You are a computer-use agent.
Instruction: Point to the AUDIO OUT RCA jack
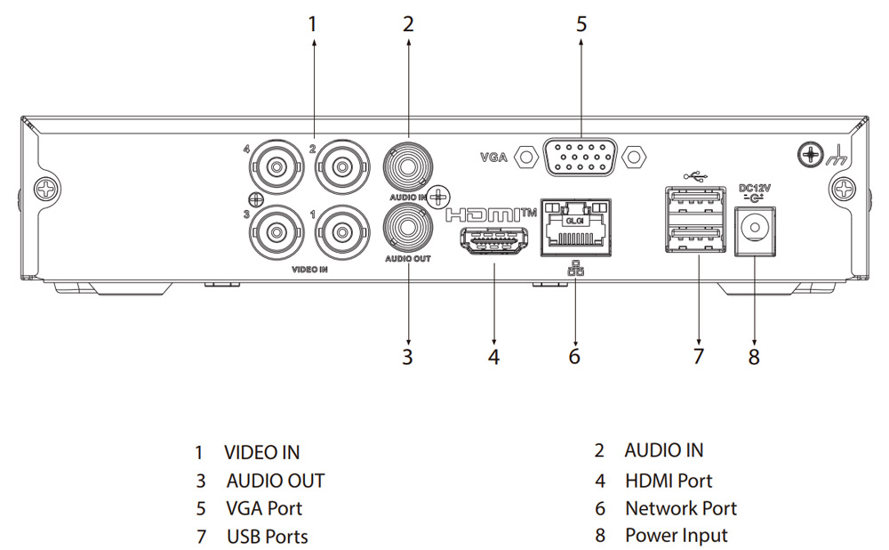tap(407, 227)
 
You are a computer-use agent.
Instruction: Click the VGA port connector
tap(580, 158)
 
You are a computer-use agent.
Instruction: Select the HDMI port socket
tap(493, 241)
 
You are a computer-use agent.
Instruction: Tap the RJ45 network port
tap(575, 229)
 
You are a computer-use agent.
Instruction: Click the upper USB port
tap(698, 203)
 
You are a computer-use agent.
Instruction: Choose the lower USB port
tap(698, 238)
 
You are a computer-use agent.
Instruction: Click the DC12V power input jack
tap(755, 229)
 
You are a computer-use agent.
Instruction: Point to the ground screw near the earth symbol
tap(810, 155)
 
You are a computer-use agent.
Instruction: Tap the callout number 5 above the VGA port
tap(581, 24)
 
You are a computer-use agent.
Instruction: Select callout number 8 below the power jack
tap(754, 356)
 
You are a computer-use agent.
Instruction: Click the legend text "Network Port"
tap(681, 509)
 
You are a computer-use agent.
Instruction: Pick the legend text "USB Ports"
tap(268, 537)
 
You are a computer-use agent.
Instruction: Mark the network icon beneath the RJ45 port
tap(575, 267)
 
